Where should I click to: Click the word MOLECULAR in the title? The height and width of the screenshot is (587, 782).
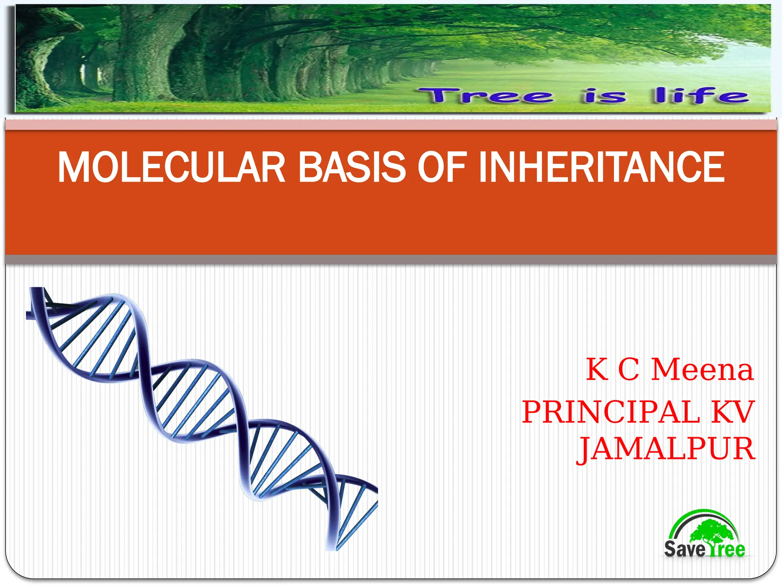pyautogui.click(x=171, y=168)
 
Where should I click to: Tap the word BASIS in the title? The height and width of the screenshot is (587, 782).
pyautogui.click(x=351, y=168)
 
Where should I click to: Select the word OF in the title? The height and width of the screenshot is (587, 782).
pyautogui.click(x=442, y=168)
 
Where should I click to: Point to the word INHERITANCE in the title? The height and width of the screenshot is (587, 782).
pyautogui.click(x=601, y=168)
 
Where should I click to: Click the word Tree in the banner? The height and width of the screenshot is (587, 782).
pyautogui.click(x=485, y=96)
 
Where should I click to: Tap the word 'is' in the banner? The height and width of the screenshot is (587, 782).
pyautogui.click(x=604, y=96)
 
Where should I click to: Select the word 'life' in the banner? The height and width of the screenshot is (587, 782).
pyautogui.click(x=701, y=96)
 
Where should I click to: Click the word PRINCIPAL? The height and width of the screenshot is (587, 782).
pyautogui.click(x=611, y=412)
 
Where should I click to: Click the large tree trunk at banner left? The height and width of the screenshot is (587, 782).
pyautogui.click(x=145, y=57)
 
